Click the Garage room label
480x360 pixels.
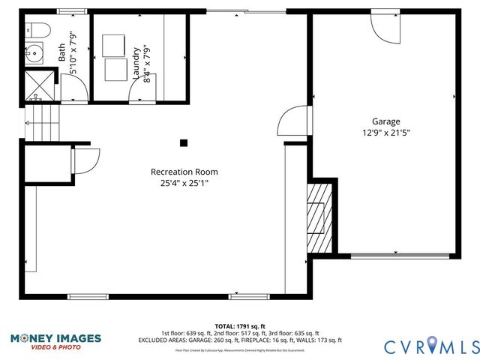pos(386,121)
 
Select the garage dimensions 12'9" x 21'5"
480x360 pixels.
pos(386,133)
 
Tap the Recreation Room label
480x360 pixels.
pos(184,172)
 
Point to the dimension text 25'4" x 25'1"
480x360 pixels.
pos(184,183)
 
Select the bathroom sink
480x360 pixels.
pos(33,54)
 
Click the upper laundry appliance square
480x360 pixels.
pos(116,44)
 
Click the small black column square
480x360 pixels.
pos(184,142)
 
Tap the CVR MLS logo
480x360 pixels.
pos(431,346)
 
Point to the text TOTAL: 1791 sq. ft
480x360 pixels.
pos(239,326)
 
